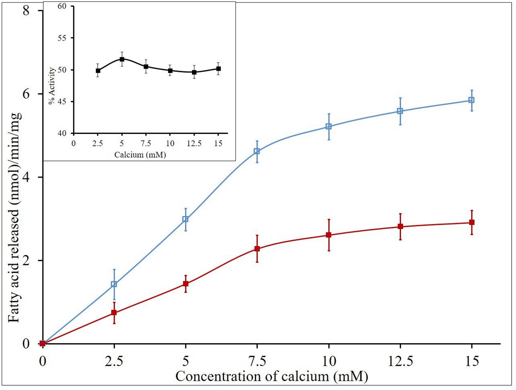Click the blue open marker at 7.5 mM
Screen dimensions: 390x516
point(257,151)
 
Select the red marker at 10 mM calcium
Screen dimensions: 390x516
point(329,235)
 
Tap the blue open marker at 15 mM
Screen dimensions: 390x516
point(472,100)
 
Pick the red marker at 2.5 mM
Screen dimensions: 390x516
point(114,313)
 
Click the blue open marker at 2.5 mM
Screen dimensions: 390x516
point(114,284)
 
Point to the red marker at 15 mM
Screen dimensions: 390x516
point(472,223)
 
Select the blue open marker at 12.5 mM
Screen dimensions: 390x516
point(400,111)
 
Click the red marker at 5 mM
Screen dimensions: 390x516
point(185,283)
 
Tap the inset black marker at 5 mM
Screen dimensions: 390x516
point(122,59)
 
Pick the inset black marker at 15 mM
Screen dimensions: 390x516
point(218,69)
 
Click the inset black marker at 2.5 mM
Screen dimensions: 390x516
point(98,71)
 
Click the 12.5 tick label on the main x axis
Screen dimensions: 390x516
point(400,361)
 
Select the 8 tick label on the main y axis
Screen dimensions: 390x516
point(26,11)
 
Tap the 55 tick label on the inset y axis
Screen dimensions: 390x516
point(62,38)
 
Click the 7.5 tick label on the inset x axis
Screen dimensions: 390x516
point(146,143)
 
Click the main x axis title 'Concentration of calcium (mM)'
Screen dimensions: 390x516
point(271,376)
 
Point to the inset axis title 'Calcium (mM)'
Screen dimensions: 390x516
point(140,155)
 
